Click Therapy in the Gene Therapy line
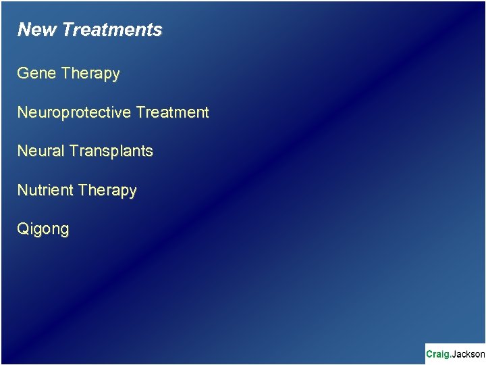click(90, 74)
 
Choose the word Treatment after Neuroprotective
click(172, 112)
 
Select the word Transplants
click(111, 151)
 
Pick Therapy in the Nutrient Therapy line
click(107, 191)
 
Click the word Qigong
click(43, 229)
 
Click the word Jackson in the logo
click(468, 354)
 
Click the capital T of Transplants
click(73, 151)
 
